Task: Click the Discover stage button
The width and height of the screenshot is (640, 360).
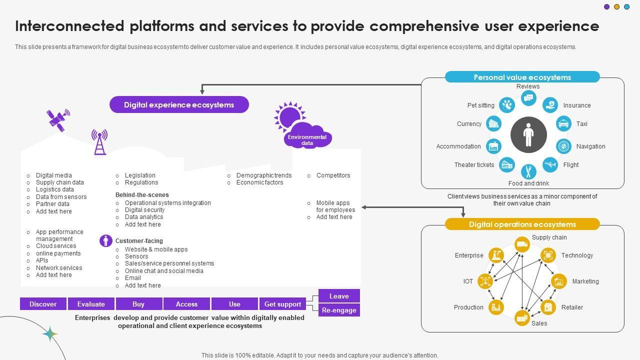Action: coord(43,304)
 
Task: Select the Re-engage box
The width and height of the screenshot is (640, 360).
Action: coord(339,310)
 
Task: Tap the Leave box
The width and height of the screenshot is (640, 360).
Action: coord(339,296)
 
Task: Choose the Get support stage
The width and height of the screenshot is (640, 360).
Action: coord(282,304)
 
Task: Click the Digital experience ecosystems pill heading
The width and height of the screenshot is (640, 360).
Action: coord(179,105)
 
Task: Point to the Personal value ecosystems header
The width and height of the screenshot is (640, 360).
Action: coord(522,77)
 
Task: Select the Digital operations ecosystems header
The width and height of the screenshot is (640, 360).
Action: coord(522,224)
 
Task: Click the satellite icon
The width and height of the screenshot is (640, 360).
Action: coord(58,119)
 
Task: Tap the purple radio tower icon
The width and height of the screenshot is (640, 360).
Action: coord(99,142)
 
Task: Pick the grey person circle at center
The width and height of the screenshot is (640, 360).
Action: coord(528,135)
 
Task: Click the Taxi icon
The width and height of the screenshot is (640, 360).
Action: coord(563,124)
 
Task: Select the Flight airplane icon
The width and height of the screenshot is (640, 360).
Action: coord(550,164)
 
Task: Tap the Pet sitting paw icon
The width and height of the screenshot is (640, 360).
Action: coord(507,105)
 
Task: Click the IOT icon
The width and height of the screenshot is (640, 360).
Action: coord(485,281)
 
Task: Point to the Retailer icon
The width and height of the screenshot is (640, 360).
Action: coord(548,307)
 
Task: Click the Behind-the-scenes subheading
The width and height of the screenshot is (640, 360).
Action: coord(142,195)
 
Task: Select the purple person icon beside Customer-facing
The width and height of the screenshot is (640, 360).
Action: coord(105,241)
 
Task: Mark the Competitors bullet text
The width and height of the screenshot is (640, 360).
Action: coord(333,175)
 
